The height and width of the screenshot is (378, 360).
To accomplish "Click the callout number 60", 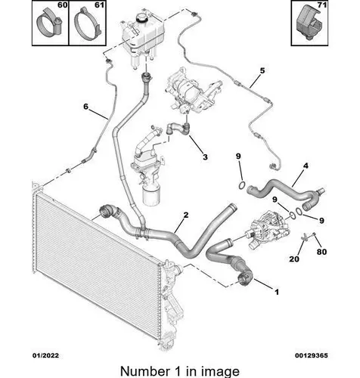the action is point(63,5).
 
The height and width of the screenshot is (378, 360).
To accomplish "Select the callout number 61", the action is point(99,5).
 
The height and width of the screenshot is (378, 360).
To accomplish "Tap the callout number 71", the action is point(321,5).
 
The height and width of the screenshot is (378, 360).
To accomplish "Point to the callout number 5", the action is point(262,70).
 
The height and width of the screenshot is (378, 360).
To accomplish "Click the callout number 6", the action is point(86,107).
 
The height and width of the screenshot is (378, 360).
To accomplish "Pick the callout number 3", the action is point(205,157).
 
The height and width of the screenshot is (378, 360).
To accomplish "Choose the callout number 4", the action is point(306,166).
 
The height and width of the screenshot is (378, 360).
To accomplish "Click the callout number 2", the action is point(186,215).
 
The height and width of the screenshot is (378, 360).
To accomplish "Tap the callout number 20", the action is point(294,259).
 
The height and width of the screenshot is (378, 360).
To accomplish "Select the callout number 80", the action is point(321,252).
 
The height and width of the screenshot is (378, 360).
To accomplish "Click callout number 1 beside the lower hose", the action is point(277,292).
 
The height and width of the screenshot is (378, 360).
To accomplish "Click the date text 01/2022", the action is point(46,355).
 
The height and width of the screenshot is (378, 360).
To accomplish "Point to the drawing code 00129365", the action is point(312,355).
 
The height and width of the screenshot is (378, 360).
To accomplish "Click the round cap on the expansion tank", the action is point(141,17).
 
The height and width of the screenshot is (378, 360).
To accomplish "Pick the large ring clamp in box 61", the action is point(88,24).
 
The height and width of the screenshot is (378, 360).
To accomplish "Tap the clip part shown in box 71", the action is point(309,23).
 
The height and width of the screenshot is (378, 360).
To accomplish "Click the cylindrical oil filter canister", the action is point(151,195).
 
